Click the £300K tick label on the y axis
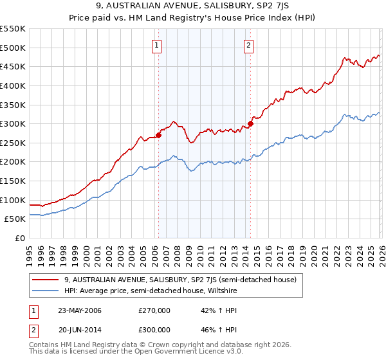(x=12, y=123)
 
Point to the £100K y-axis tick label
(x=12, y=200)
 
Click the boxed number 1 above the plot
(x=158, y=45)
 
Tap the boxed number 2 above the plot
(x=249, y=45)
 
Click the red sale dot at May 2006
(x=158, y=135)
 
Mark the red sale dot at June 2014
(x=250, y=124)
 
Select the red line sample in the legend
(x=46, y=280)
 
